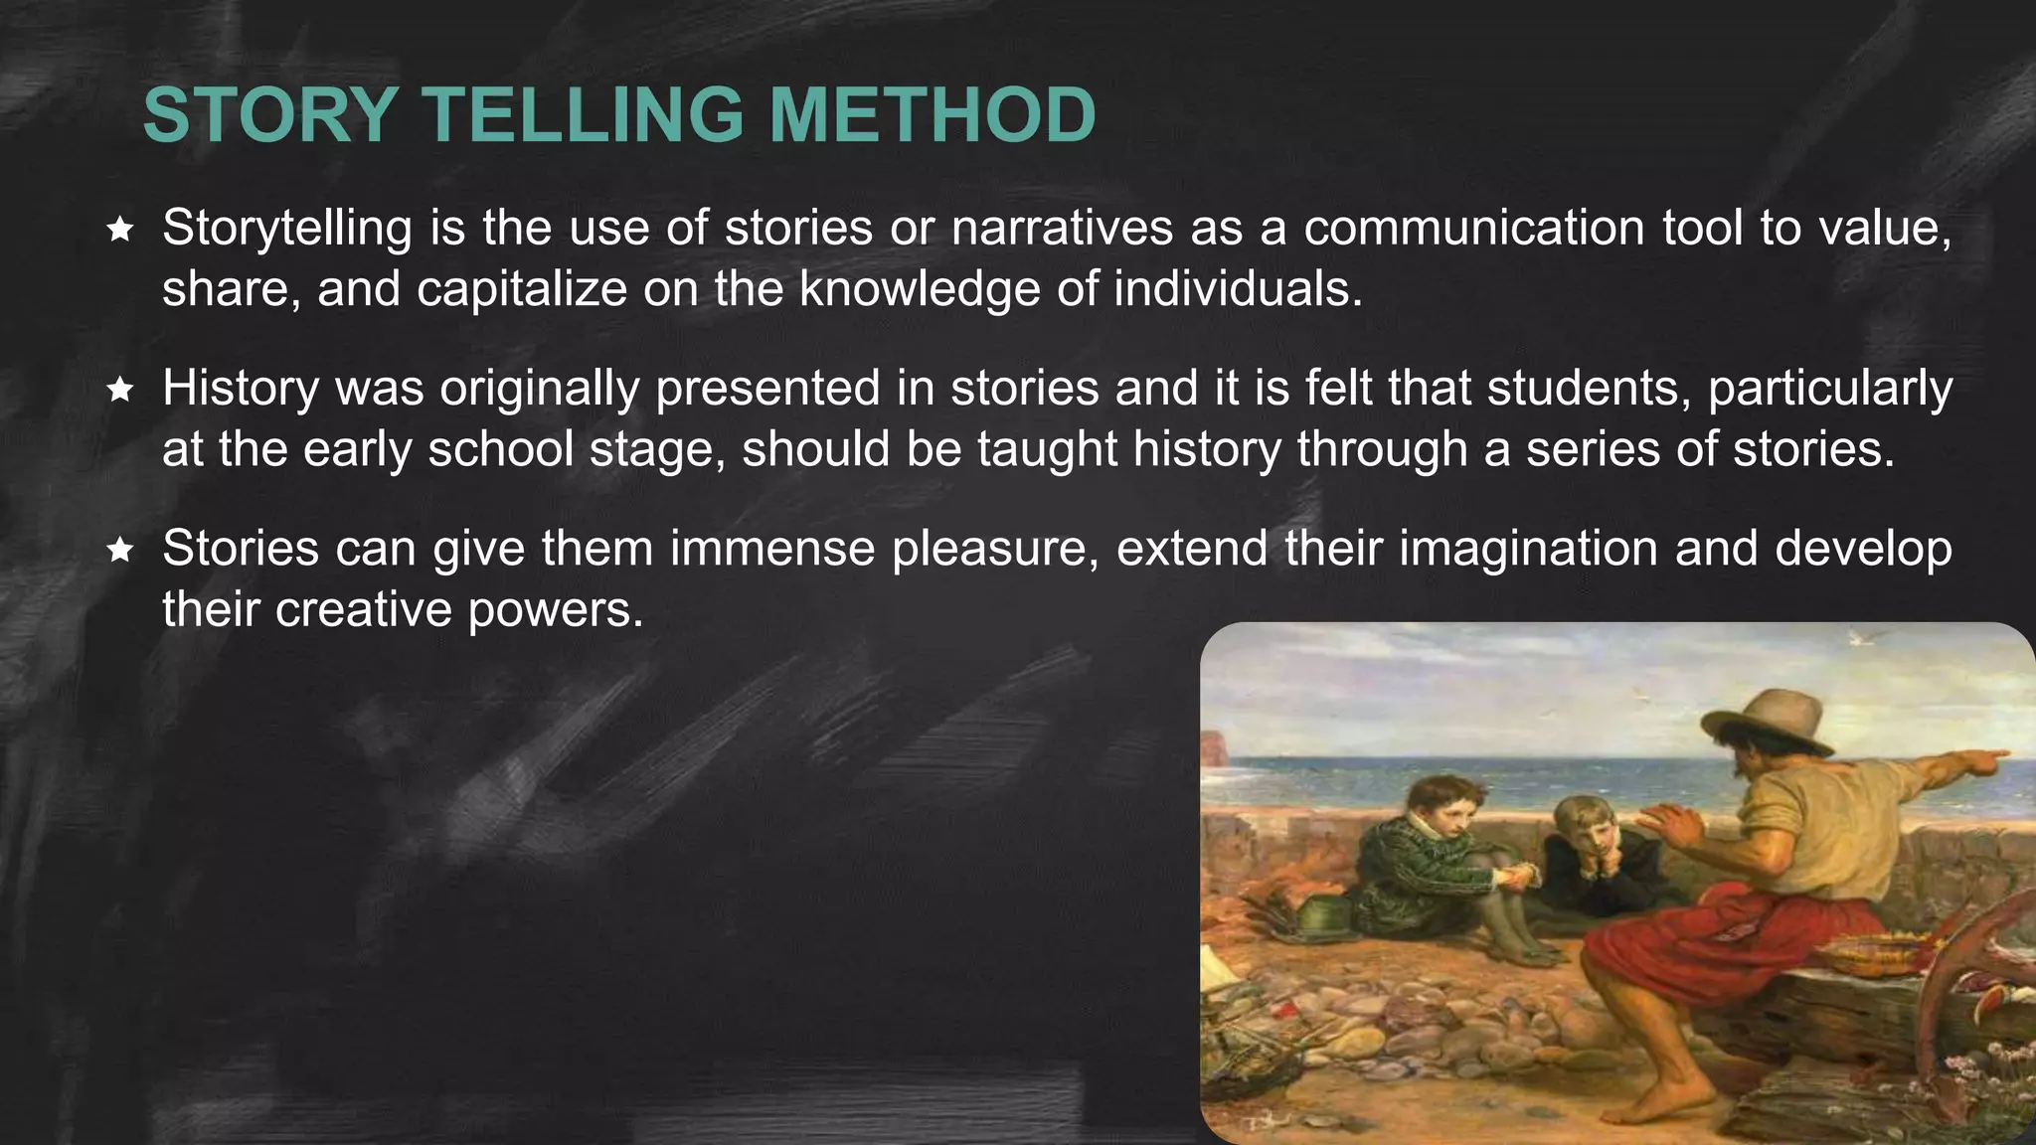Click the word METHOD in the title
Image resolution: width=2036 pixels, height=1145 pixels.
point(932,115)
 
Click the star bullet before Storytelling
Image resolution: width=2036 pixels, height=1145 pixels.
point(120,231)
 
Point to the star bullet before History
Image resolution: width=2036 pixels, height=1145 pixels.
point(120,390)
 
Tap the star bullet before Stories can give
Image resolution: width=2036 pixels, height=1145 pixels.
point(120,550)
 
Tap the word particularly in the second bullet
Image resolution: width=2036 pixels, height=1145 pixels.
point(1830,389)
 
